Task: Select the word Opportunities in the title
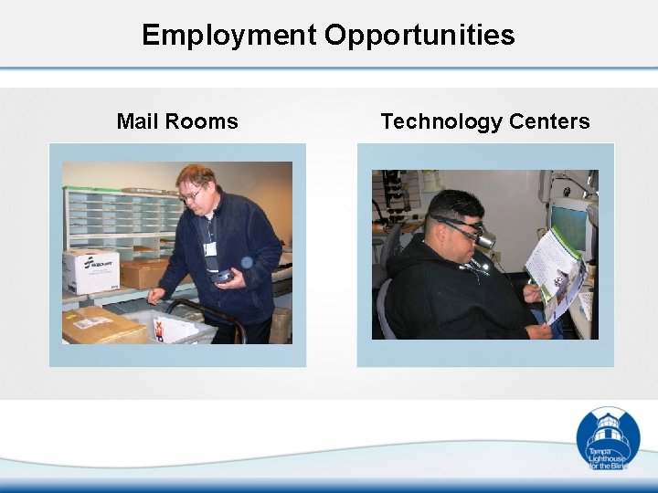coord(419,36)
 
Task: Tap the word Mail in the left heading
coord(137,121)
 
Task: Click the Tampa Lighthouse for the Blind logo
coord(608,439)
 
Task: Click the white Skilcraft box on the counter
coord(90,270)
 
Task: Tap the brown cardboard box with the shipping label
coord(102,324)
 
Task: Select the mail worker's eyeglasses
coord(193,194)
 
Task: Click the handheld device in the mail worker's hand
coord(222,277)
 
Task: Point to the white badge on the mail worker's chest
coord(210,248)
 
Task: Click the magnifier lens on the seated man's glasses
coord(488,239)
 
